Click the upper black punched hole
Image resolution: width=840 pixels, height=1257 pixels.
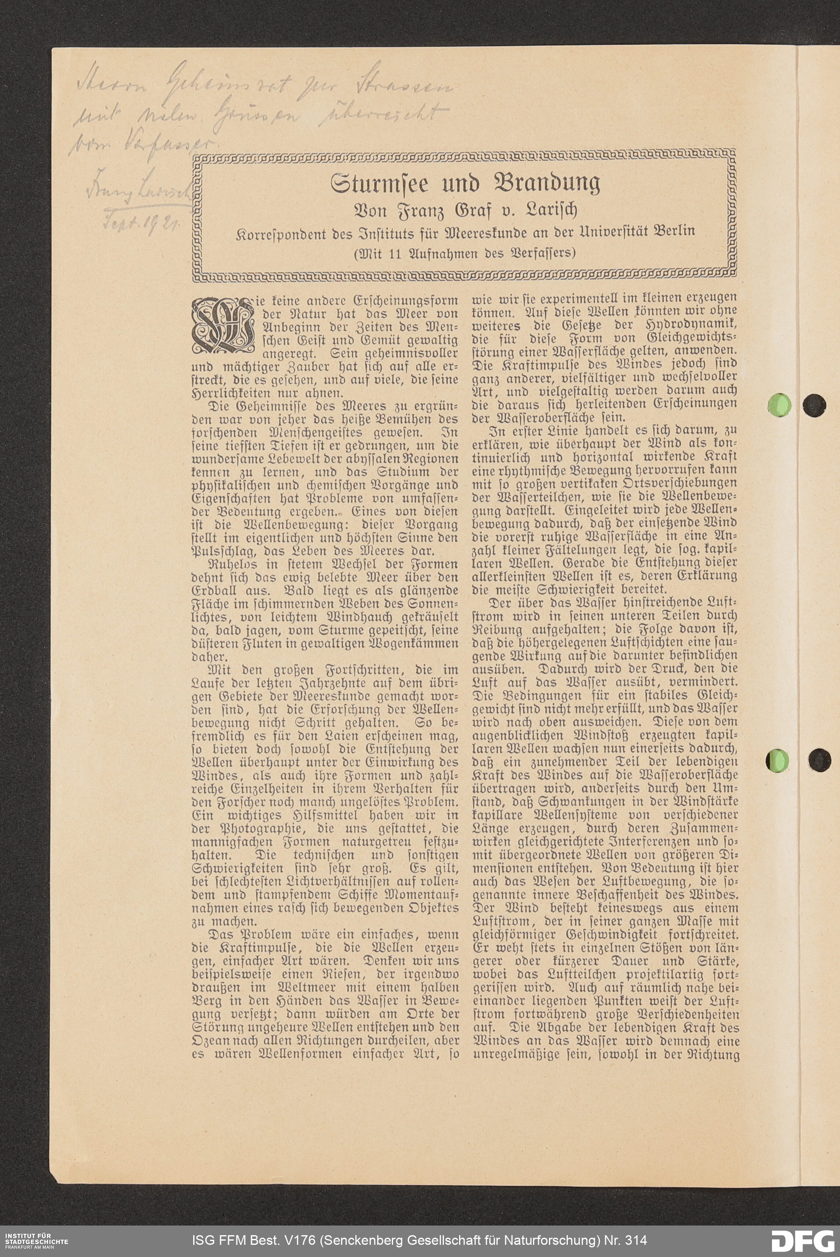[x=815, y=405]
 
